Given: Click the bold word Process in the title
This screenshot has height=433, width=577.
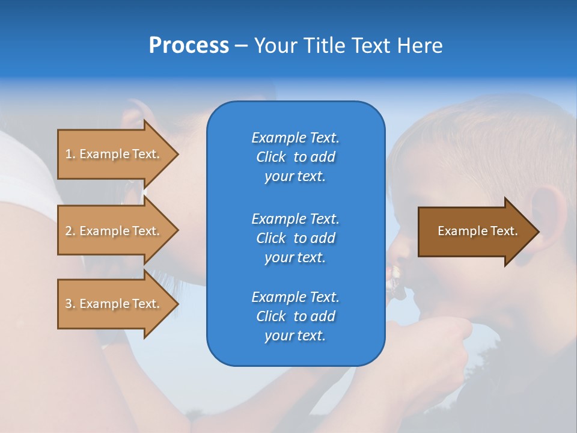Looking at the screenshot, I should [189, 46].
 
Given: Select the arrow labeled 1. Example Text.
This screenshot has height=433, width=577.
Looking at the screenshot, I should [114, 154].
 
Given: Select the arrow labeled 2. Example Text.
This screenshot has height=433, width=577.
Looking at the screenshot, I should [114, 231].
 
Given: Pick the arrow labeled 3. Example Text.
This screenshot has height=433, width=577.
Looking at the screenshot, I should [114, 304].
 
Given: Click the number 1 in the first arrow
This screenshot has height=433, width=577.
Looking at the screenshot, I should [69, 154].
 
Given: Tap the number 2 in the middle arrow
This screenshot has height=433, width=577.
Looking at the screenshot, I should [69, 231].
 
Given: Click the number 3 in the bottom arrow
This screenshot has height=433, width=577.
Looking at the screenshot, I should [69, 304].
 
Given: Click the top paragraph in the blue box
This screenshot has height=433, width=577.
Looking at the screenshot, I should [295, 157].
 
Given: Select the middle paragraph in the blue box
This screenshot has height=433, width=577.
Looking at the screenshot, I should [295, 238].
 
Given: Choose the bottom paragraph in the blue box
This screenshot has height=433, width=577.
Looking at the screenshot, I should [295, 316].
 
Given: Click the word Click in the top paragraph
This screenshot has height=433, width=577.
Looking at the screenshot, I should [271, 157].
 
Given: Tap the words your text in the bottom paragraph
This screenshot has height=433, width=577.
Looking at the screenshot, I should [295, 336].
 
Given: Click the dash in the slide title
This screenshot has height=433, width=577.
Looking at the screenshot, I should [241, 46].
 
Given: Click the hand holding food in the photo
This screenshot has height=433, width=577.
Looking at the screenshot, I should [439, 337].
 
